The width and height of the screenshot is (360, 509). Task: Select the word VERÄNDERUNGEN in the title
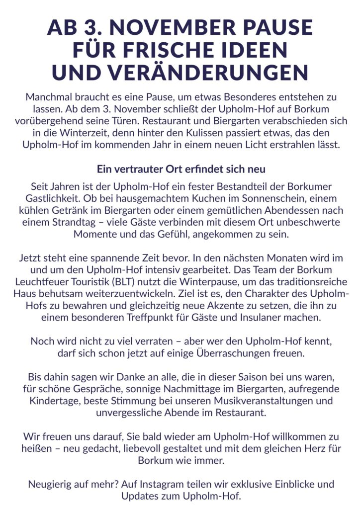point(216,73)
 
